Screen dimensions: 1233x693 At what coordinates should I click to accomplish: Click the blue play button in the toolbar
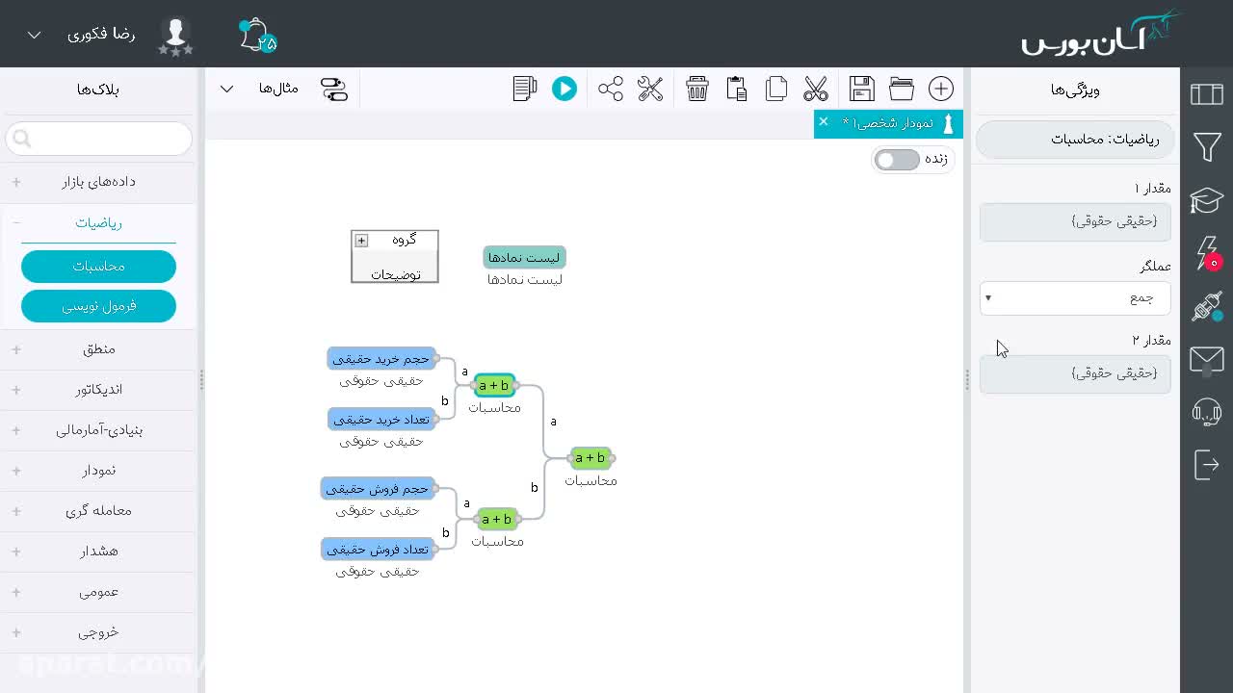[564, 89]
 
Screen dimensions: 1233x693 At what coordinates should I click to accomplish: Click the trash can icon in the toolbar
[696, 89]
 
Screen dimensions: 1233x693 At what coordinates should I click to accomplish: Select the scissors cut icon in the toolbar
[815, 89]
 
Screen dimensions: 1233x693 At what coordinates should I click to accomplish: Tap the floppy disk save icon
[861, 89]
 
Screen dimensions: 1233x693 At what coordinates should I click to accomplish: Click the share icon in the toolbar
[611, 89]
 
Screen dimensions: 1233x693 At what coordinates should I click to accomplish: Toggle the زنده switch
[897, 160]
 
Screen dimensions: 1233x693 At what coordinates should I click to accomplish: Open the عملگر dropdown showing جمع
[1075, 298]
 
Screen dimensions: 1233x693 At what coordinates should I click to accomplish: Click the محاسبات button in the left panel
[98, 267]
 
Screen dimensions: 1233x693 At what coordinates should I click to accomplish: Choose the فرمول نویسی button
[98, 306]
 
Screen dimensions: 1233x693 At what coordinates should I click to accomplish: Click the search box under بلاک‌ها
[99, 139]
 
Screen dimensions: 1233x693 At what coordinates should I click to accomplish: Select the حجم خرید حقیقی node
[380, 359]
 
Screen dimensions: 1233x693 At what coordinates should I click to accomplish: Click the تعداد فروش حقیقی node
[378, 550]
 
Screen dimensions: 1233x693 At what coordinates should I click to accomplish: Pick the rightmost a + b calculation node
[590, 457]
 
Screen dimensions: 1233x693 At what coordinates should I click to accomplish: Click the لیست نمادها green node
[524, 257]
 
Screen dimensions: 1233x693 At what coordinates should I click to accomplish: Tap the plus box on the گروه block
[361, 241]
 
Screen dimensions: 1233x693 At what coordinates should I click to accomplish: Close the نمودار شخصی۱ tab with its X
[824, 121]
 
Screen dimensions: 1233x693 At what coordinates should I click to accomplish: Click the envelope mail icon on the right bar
[1207, 360]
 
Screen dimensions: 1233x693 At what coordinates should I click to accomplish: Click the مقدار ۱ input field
[1075, 221]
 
